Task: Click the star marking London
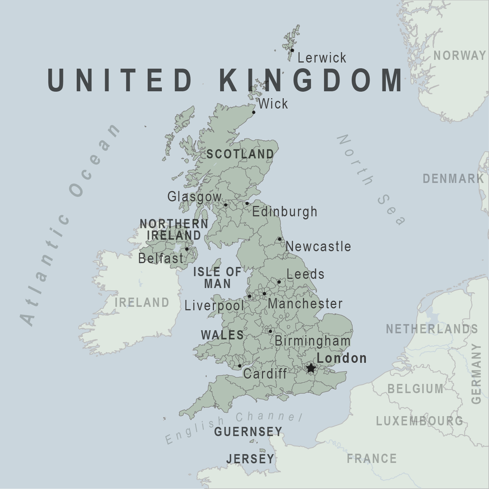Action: (311, 368)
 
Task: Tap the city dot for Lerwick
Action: (292, 50)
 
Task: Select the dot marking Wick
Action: (254, 112)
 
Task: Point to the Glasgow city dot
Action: (226, 205)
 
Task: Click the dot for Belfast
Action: (187, 249)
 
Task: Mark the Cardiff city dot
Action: (240, 366)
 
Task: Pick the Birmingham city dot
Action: (270, 331)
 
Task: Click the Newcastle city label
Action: (318, 246)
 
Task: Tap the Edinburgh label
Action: (285, 212)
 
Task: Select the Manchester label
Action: (305, 304)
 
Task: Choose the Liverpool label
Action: (214, 306)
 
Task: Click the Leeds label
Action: (305, 274)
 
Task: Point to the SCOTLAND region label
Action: (240, 154)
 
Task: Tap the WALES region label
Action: (222, 335)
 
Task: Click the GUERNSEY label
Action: (248, 432)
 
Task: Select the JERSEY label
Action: (250, 459)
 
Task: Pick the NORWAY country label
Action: (459, 56)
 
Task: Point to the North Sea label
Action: (370, 180)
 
